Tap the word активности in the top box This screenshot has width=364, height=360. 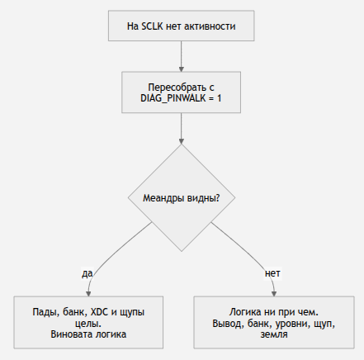pyautogui.click(x=210, y=26)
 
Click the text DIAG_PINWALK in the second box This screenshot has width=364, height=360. pyautogui.click(x=173, y=98)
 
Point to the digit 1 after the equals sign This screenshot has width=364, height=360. pyautogui.click(x=219, y=98)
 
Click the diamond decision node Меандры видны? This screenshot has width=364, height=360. pyautogui.click(x=182, y=197)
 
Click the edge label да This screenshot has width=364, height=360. pyautogui.click(x=87, y=273)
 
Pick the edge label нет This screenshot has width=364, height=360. pyautogui.click(x=272, y=273)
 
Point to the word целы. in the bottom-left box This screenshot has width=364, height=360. pyautogui.click(x=88, y=324)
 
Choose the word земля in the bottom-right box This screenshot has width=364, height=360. pyautogui.click(x=274, y=334)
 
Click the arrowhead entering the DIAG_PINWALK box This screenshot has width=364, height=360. pyautogui.click(x=182, y=69)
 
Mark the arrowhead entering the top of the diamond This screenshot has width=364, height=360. pyautogui.click(x=182, y=141)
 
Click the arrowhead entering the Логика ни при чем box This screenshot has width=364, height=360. pyautogui.click(x=274, y=293)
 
